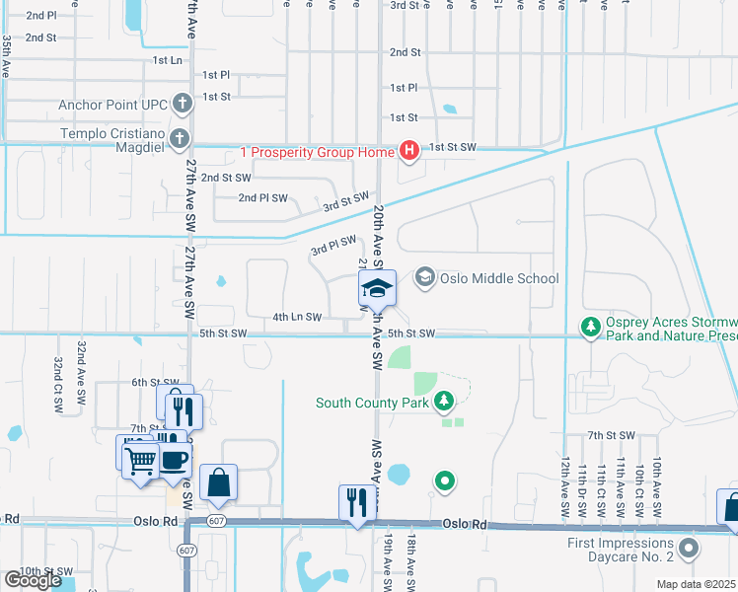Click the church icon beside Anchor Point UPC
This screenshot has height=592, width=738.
click(x=182, y=104)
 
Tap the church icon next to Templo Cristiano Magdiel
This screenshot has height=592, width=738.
click(x=179, y=138)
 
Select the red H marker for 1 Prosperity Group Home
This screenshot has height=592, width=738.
click(x=408, y=151)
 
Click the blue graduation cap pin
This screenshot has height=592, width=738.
click(x=376, y=290)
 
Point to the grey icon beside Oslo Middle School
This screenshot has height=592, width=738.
click(x=425, y=278)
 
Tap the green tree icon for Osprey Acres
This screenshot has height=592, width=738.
click(x=590, y=326)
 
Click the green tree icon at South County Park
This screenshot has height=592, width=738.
click(x=444, y=401)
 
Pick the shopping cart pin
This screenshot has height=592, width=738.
click(x=141, y=458)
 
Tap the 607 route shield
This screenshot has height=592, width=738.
click(x=187, y=549)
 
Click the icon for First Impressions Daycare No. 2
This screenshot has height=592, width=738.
click(x=689, y=545)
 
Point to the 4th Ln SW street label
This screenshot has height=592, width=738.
click(x=297, y=318)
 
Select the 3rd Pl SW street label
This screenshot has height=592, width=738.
click(x=332, y=244)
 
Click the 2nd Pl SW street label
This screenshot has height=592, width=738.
click(x=262, y=198)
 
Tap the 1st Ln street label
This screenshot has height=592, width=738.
click(x=168, y=60)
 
